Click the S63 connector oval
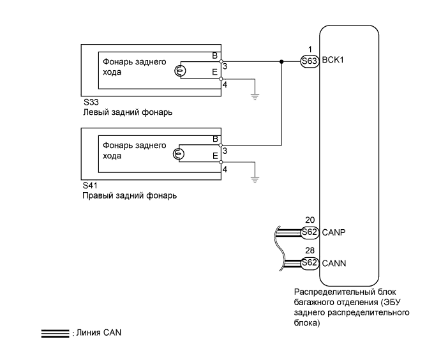click(310, 62)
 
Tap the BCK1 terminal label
click(333, 62)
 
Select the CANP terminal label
click(334, 232)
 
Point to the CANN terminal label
click(334, 262)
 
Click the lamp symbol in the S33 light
click(180, 70)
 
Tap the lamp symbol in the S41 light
click(180, 154)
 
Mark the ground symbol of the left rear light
click(255, 96)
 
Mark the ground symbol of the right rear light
click(255, 179)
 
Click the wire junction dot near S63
click(281, 62)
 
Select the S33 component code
click(91, 103)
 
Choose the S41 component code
click(91, 186)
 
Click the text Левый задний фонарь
click(128, 112)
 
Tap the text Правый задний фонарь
click(130, 195)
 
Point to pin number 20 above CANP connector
click(310, 221)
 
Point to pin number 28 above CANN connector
click(310, 251)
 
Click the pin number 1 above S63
click(310, 50)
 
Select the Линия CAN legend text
click(94, 333)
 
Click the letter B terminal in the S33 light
click(215, 56)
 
